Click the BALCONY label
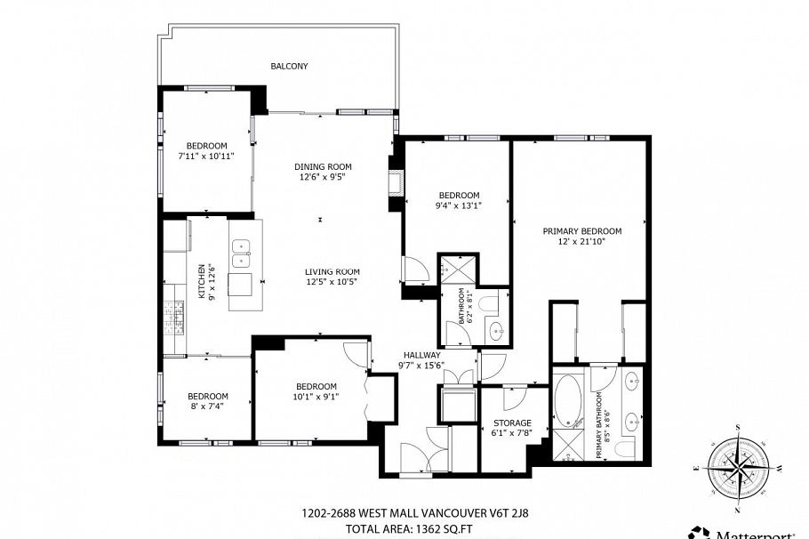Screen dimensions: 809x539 pos(289,66)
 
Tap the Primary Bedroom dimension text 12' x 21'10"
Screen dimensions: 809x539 pos(581,241)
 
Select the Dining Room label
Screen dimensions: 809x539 pos(323,166)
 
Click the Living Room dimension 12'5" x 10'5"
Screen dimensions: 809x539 pos(332,281)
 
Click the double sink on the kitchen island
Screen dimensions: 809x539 pos(241,253)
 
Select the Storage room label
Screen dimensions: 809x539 pos(512,423)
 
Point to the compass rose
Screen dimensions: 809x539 pos(738,460)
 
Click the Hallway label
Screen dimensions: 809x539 pos(422,355)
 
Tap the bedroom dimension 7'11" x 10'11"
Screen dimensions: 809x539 pos(207,156)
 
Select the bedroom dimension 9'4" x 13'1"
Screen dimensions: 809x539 pos(460,205)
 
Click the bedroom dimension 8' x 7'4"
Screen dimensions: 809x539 pos(207,406)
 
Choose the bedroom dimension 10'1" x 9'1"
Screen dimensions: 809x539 pos(316,397)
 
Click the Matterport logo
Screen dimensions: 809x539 pos(749,533)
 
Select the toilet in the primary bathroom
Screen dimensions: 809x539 pos(629,450)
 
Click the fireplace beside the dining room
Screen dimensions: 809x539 pos(396,182)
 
